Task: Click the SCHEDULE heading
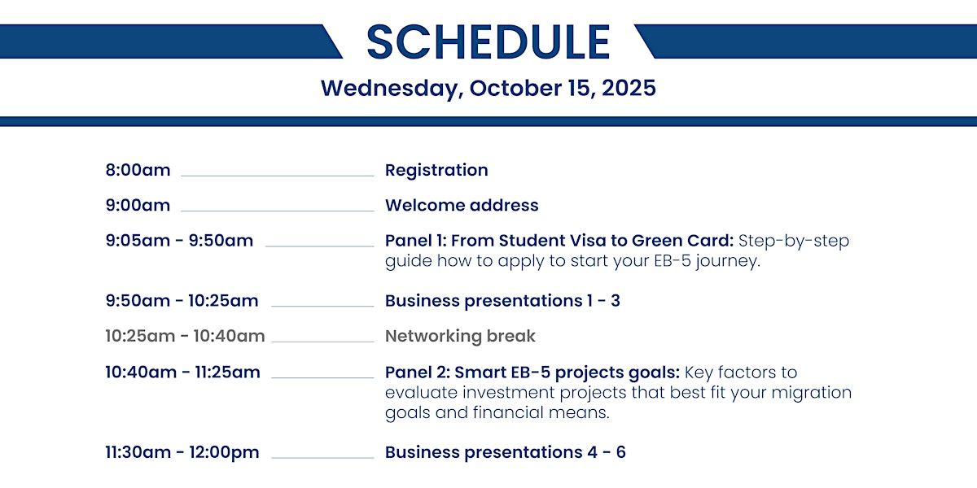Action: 488,41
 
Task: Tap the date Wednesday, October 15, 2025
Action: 488,89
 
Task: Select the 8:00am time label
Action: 138,170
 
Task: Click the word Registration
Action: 436,171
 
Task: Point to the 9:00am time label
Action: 138,205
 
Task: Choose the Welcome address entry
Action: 462,205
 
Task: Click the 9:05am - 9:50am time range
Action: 179,241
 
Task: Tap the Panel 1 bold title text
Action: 559,241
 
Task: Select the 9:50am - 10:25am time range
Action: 182,301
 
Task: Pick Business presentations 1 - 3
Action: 502,301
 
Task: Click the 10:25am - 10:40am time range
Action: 186,336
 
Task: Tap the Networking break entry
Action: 460,337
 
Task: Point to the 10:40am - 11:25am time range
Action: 182,373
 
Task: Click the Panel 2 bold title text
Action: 532,373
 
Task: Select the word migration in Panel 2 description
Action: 812,393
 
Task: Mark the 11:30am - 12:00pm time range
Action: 182,453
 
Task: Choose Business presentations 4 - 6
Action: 505,453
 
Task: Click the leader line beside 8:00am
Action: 278,176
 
